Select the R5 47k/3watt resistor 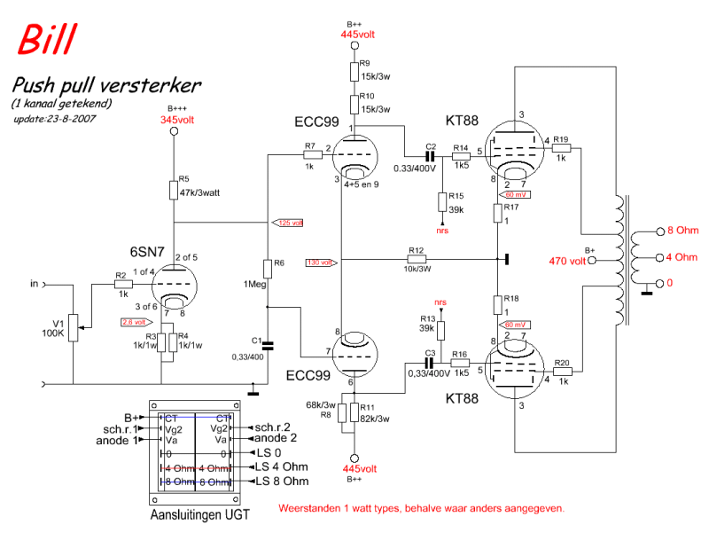(174, 192)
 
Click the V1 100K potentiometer (74, 330)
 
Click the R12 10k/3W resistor (417, 261)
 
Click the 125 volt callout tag (289, 222)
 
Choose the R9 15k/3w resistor (354, 70)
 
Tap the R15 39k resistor (442, 203)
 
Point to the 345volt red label (175, 119)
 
